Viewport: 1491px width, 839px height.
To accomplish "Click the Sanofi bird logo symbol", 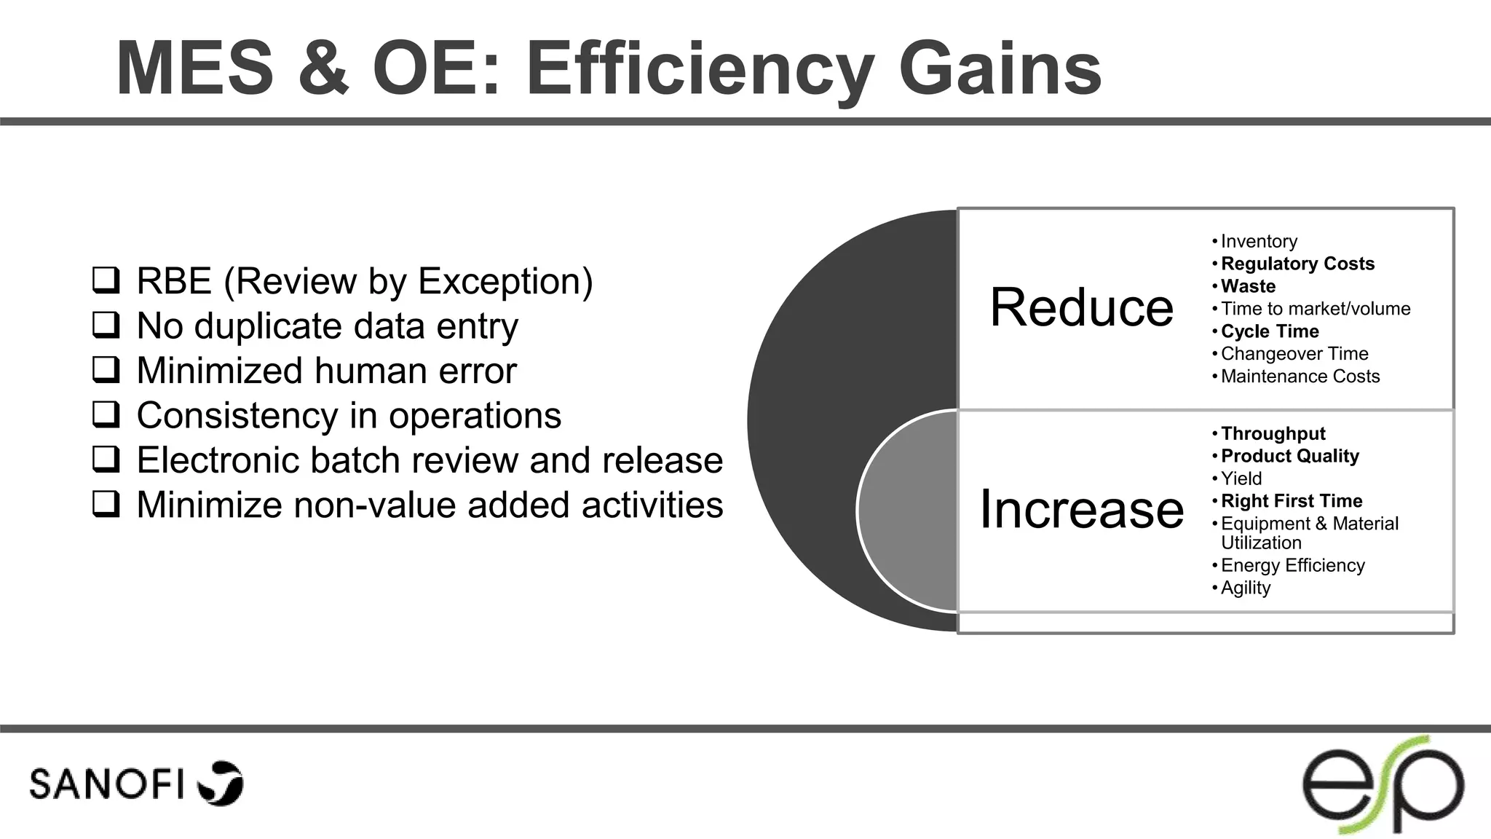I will tap(221, 784).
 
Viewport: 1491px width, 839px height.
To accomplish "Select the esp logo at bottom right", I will tap(1383, 784).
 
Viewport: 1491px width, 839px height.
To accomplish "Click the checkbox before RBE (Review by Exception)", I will tap(106, 280).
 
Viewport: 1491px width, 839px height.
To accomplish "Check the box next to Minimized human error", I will tap(106, 370).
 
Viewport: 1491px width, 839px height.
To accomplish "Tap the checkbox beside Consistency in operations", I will tap(106, 415).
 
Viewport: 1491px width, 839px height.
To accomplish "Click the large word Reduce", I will tap(1081, 307).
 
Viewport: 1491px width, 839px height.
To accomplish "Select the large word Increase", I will tap(1081, 508).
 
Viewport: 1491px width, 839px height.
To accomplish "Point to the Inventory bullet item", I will tap(1259, 241).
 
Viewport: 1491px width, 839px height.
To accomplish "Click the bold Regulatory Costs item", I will tap(1297, 264).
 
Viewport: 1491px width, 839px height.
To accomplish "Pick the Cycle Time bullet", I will tap(1270, 331).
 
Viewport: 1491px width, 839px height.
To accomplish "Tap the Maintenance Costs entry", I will tap(1300, 377).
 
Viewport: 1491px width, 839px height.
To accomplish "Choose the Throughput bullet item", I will tap(1273, 433).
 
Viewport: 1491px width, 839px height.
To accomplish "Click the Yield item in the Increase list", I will tap(1241, 478).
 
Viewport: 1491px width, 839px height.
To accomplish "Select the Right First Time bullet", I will tap(1291, 501).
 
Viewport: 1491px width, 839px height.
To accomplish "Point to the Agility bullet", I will tap(1246, 588).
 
